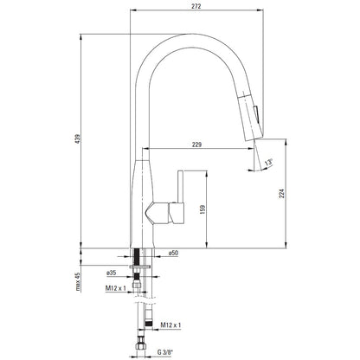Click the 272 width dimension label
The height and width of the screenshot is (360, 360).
(196, 6)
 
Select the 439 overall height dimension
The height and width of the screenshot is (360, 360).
(78, 138)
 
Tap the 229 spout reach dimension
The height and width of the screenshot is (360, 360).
(196, 145)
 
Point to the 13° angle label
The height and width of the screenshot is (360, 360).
(269, 162)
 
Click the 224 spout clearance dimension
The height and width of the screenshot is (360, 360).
(282, 193)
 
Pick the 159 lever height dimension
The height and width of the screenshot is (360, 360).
(202, 209)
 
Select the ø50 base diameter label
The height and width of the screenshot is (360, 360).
(173, 253)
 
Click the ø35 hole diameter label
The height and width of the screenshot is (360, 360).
(111, 273)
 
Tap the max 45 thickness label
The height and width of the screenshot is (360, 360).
(78, 281)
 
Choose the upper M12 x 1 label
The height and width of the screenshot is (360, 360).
(116, 288)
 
